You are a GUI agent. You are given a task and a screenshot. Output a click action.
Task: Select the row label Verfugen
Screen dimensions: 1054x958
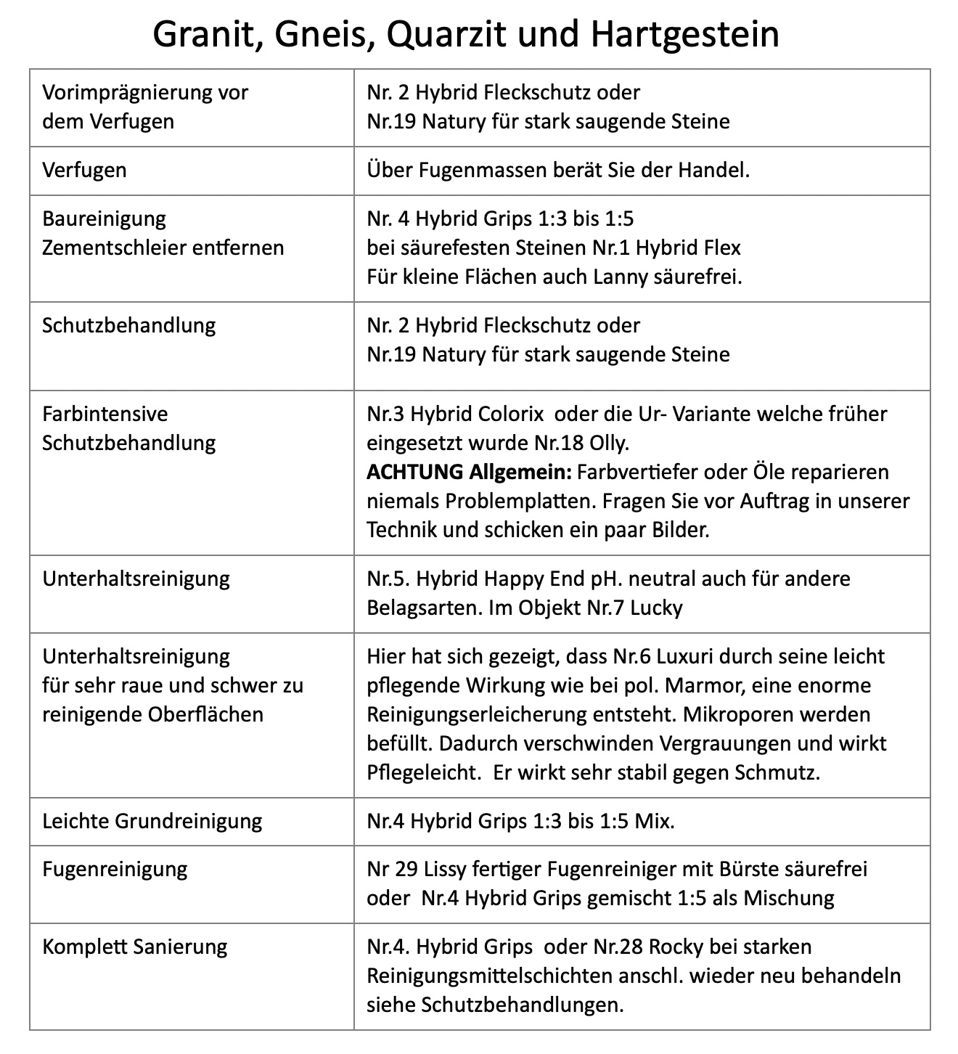coord(84,171)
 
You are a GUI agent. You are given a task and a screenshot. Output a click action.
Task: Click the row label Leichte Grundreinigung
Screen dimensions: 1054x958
coord(152,821)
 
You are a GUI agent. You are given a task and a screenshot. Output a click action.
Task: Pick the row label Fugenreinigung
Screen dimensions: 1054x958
coord(115,869)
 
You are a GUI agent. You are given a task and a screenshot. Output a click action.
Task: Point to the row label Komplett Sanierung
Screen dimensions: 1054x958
coord(135,947)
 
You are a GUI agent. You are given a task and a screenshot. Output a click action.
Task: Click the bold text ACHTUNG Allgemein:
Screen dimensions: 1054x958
coord(469,472)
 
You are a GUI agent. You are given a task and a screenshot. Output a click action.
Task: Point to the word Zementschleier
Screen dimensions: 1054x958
coord(114,248)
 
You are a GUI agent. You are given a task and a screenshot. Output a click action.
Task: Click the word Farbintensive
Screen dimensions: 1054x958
coord(105,414)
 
